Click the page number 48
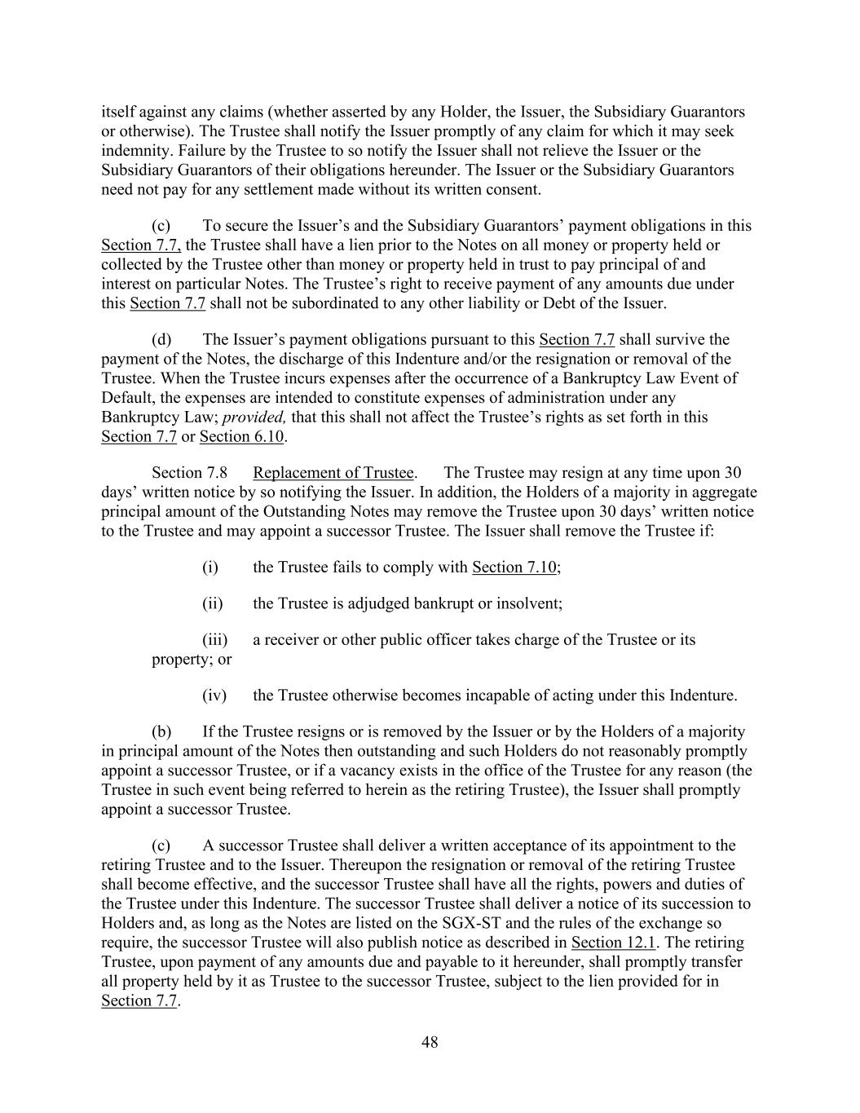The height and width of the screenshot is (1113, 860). click(x=430, y=1042)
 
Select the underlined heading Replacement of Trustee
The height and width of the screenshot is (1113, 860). click(x=333, y=473)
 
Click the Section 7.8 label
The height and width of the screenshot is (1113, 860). click(x=189, y=473)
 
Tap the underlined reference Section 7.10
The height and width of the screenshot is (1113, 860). click(x=514, y=568)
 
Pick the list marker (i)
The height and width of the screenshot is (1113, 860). click(x=210, y=568)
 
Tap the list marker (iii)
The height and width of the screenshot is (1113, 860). click(x=214, y=639)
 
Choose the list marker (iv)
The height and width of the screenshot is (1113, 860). click(x=214, y=696)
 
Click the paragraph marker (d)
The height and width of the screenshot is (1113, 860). click(x=161, y=339)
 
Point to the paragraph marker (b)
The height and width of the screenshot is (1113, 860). click(x=161, y=731)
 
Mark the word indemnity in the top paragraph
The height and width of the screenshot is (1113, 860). click(x=130, y=151)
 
